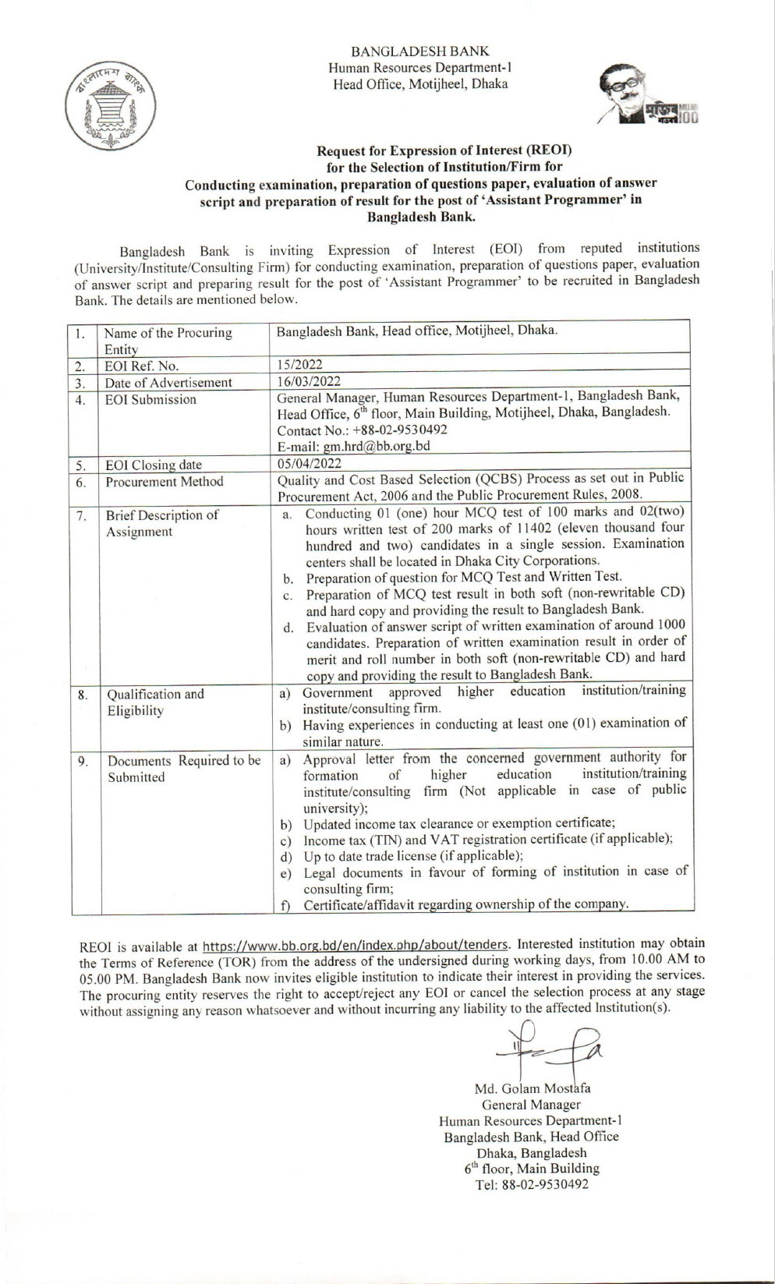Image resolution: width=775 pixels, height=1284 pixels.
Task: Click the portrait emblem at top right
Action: pos(648,97)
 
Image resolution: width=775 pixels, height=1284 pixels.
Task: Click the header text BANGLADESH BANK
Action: pos(420,51)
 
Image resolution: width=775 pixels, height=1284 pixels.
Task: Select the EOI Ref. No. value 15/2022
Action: pos(300,364)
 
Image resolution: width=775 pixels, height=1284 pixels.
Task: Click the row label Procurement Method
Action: pos(164,482)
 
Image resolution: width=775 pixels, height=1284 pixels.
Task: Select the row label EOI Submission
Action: pos(150,399)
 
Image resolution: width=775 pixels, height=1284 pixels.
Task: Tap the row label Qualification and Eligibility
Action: pos(155,702)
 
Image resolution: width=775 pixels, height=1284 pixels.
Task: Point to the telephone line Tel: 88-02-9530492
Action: pos(532,1184)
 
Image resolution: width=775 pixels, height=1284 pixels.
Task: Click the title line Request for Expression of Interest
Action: pos(444,150)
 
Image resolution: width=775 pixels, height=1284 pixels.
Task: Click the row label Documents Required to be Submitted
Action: pos(183,769)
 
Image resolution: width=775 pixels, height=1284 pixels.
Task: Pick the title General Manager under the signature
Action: pos(531,1104)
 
